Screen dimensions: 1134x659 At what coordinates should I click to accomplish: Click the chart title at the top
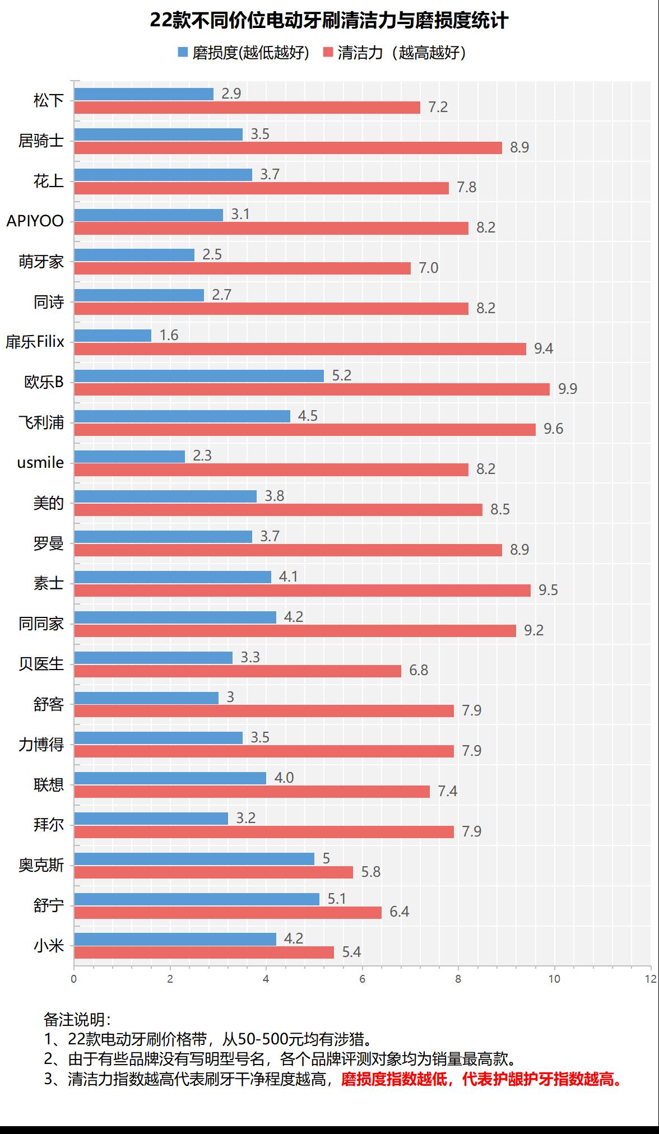click(329, 21)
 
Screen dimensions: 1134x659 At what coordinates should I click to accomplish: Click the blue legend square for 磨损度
click(183, 53)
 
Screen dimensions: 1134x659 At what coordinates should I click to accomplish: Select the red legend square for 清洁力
click(328, 53)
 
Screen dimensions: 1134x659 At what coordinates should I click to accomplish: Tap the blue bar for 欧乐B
click(199, 376)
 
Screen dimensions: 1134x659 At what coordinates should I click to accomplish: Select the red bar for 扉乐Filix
click(300, 349)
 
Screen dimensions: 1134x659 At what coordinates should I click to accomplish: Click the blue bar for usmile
click(129, 457)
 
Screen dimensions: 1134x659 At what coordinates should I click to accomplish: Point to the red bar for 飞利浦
click(305, 429)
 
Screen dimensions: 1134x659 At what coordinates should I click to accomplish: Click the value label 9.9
click(567, 389)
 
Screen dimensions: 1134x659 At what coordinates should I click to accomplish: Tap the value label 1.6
click(169, 335)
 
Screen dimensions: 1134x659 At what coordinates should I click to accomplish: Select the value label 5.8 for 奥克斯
click(371, 872)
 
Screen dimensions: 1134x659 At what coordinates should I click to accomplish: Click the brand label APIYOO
click(35, 221)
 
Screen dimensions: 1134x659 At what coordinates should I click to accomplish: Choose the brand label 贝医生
click(41, 664)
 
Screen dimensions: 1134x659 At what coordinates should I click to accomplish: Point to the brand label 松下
click(49, 100)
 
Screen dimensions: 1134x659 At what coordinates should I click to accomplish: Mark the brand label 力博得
click(41, 745)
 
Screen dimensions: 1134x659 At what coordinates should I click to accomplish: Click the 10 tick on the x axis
click(554, 979)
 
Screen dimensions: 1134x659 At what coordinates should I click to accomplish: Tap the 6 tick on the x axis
click(362, 979)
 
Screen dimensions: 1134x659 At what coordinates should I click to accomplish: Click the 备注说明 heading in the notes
click(77, 1019)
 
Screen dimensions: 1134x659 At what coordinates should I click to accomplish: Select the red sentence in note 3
click(482, 1079)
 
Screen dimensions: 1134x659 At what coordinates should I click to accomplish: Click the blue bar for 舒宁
click(197, 899)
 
